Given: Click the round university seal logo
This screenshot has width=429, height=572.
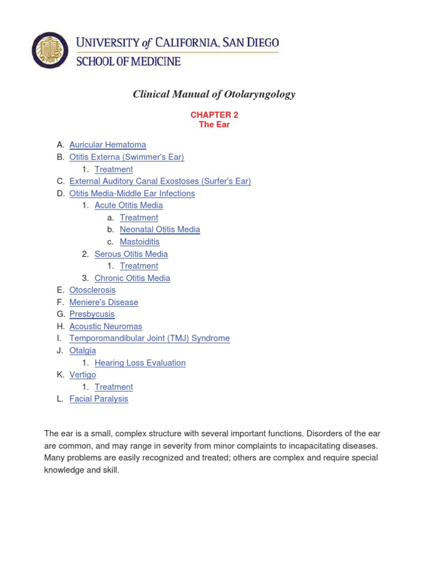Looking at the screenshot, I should pyautogui.click(x=50, y=50).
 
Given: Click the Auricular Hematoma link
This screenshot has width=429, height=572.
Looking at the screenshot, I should pyautogui.click(x=108, y=145).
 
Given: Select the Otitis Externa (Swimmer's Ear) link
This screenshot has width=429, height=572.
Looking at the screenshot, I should pyautogui.click(x=127, y=157).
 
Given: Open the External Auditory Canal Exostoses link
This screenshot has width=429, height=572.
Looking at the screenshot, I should pyautogui.click(x=160, y=181).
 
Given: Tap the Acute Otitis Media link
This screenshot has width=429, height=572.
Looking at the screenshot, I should pyautogui.click(x=129, y=205).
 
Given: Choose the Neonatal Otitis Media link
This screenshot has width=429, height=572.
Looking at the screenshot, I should pyautogui.click(x=160, y=229).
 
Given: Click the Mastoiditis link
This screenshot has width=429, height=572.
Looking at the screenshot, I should pyautogui.click(x=140, y=241).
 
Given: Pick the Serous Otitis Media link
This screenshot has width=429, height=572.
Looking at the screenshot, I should pyautogui.click(x=131, y=254).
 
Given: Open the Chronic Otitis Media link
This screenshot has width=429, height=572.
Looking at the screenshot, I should pyautogui.click(x=132, y=278).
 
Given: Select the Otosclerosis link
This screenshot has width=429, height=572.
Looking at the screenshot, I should pyautogui.click(x=93, y=290).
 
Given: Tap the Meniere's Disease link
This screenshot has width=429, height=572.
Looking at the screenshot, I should pyautogui.click(x=104, y=302).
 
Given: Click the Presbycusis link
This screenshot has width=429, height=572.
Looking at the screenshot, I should pyautogui.click(x=92, y=314).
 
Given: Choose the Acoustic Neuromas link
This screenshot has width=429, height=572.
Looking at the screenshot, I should pyautogui.click(x=106, y=326).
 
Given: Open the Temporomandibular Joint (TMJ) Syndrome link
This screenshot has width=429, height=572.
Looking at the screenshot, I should pyautogui.click(x=150, y=338).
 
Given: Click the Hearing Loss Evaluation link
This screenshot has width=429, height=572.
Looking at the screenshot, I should pyautogui.click(x=140, y=363).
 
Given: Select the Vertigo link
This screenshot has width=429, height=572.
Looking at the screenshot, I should pyautogui.click(x=83, y=374).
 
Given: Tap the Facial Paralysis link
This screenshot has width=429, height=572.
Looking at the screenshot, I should pyautogui.click(x=99, y=399).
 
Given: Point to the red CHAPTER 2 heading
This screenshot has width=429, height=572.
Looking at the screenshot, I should pyautogui.click(x=214, y=115).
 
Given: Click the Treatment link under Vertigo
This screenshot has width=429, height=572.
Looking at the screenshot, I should pyautogui.click(x=114, y=387).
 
